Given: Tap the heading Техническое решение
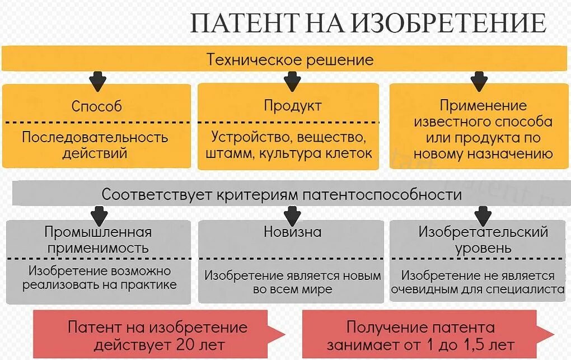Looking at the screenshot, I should [290, 60].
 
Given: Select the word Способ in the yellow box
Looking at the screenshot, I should [96, 106].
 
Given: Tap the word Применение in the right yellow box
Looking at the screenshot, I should [483, 105].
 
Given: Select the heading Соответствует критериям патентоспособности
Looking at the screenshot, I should [282, 195].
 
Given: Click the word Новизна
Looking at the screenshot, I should [292, 232].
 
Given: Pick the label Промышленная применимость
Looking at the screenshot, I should [98, 240].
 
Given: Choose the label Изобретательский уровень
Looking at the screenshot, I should [483, 240].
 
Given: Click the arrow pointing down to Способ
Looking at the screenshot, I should [98, 81].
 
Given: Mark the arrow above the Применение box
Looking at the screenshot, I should [479, 81].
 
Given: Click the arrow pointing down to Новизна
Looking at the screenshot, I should [292, 214].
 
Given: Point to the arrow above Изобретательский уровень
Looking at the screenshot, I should [482, 214].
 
